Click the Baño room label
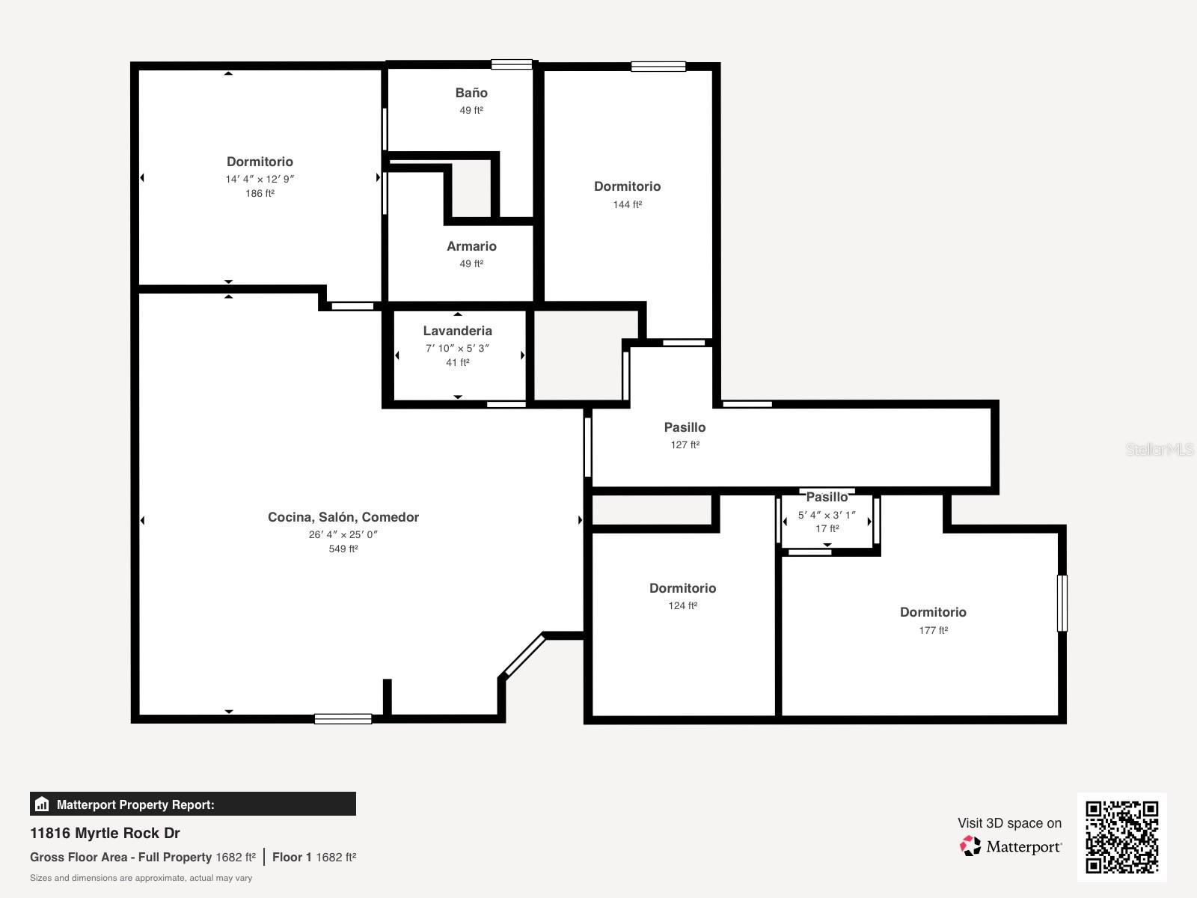tap(471, 93)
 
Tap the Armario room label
tap(471, 246)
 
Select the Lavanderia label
tap(457, 331)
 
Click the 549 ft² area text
tap(343, 549)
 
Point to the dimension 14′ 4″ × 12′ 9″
tap(260, 179)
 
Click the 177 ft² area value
tap(933, 630)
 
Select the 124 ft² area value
tap(682, 606)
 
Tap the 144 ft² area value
tap(627, 204)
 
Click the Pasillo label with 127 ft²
tap(685, 427)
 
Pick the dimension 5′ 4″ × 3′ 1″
tap(827, 515)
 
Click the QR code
tap(1121, 837)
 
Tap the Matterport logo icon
tap(970, 846)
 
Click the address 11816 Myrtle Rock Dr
tap(105, 833)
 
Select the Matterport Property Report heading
tap(135, 804)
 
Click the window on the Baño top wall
tap(512, 64)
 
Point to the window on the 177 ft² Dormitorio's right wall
tap(1062, 603)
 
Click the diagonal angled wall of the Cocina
tap(523, 656)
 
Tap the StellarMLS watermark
tap(1159, 449)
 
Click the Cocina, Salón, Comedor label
tap(343, 517)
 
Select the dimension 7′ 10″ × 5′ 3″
tap(457, 348)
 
